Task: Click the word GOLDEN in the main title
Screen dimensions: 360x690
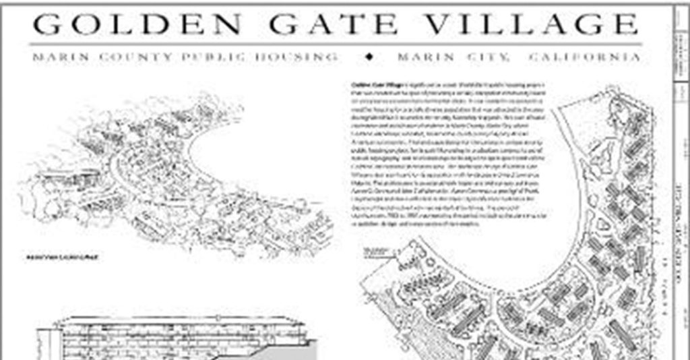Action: point(137,25)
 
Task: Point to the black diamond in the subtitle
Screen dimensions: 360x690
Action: point(369,57)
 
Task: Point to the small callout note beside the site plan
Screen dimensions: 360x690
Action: point(378,253)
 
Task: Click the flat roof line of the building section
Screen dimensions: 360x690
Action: point(182,318)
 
